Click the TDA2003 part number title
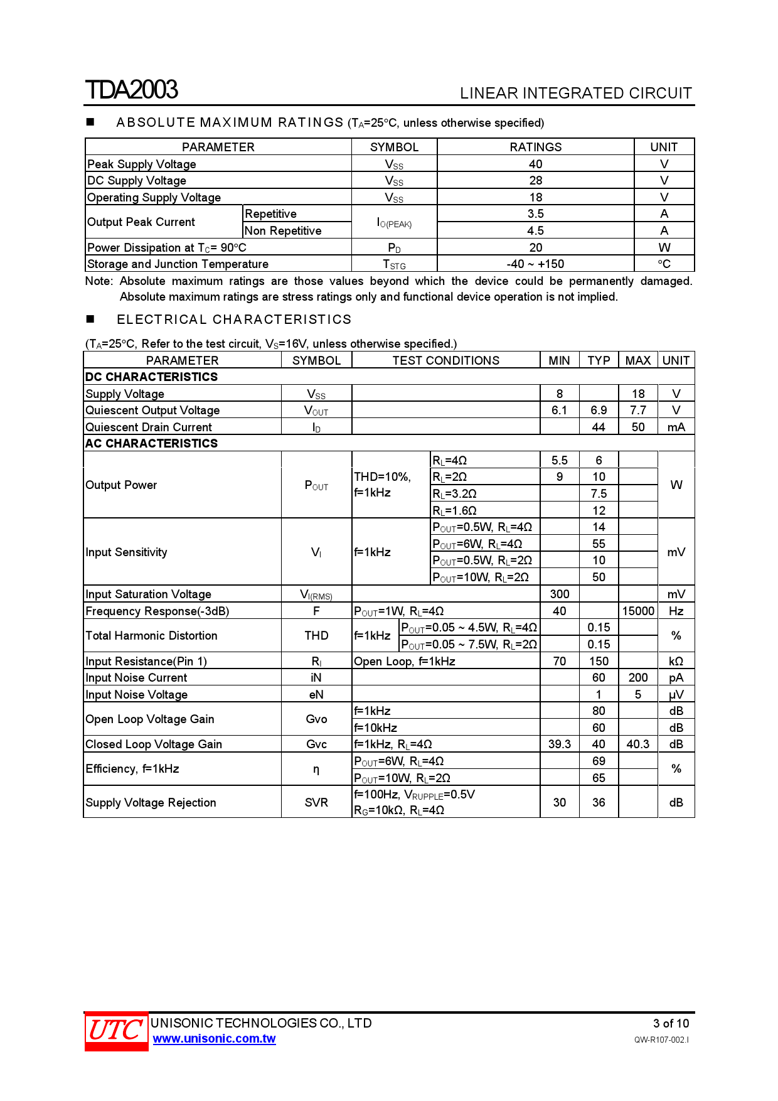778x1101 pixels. [132, 90]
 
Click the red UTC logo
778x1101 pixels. [116, 1031]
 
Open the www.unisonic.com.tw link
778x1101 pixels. [214, 1039]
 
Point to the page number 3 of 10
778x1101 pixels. [671, 1023]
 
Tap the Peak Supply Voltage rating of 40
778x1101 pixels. [535, 164]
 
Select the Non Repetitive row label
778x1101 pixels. [283, 230]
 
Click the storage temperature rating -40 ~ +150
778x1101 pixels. [535, 264]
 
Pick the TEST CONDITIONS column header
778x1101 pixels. [445, 360]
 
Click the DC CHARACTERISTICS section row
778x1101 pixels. [152, 377]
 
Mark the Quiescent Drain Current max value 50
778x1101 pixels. [637, 427]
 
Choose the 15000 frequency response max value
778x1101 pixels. [637, 611]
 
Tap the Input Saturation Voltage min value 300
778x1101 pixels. [559, 594]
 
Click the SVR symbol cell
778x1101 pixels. [316, 802]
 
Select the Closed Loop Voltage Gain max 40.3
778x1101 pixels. [637, 744]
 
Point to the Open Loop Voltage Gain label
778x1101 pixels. [150, 719]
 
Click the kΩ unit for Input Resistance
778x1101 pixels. [676, 661]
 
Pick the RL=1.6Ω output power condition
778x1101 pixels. [454, 510]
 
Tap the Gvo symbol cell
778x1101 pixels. [316, 719]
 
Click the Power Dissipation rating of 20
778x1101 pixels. [535, 247]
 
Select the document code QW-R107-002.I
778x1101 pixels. [661, 1039]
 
